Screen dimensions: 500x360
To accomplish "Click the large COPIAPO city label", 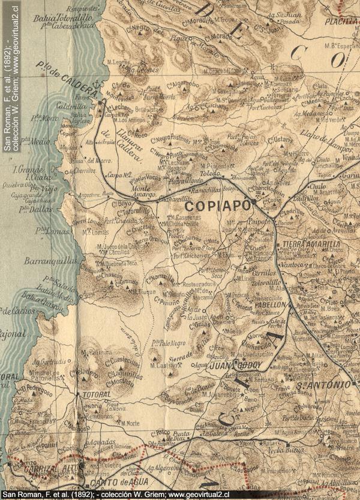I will pyautogui.click(x=213, y=206).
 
